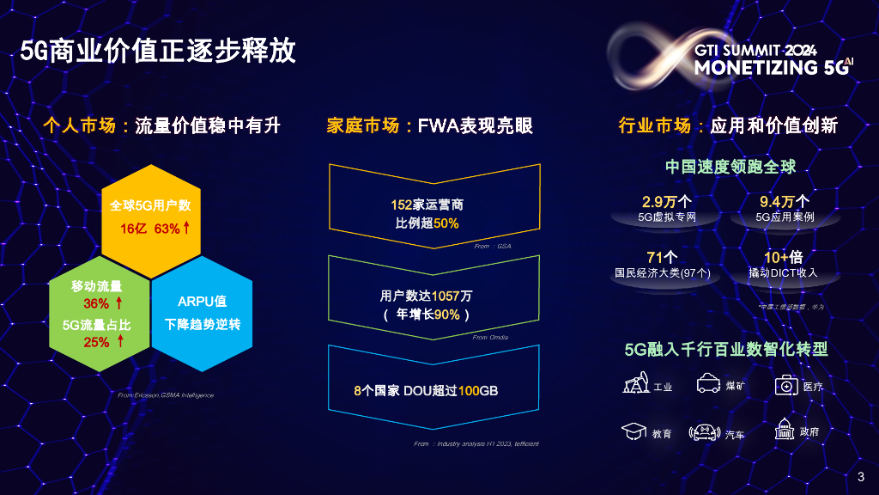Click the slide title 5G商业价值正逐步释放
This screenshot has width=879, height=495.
point(159,51)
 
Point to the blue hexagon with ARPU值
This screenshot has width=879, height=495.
point(203,313)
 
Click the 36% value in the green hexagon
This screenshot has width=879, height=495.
point(95,303)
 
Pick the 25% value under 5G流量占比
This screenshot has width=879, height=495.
point(95,342)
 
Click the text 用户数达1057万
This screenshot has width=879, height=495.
point(426,296)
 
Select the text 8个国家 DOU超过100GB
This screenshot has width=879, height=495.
point(426,390)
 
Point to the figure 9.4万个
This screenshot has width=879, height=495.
point(785,202)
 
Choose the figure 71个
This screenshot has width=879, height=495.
point(662,257)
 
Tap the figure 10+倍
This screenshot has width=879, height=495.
point(783,257)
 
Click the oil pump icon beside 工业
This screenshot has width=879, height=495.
point(635,385)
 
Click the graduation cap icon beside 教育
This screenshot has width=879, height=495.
point(633,431)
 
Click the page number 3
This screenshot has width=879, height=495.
point(861,477)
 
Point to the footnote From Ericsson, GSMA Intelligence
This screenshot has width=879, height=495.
point(165,394)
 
